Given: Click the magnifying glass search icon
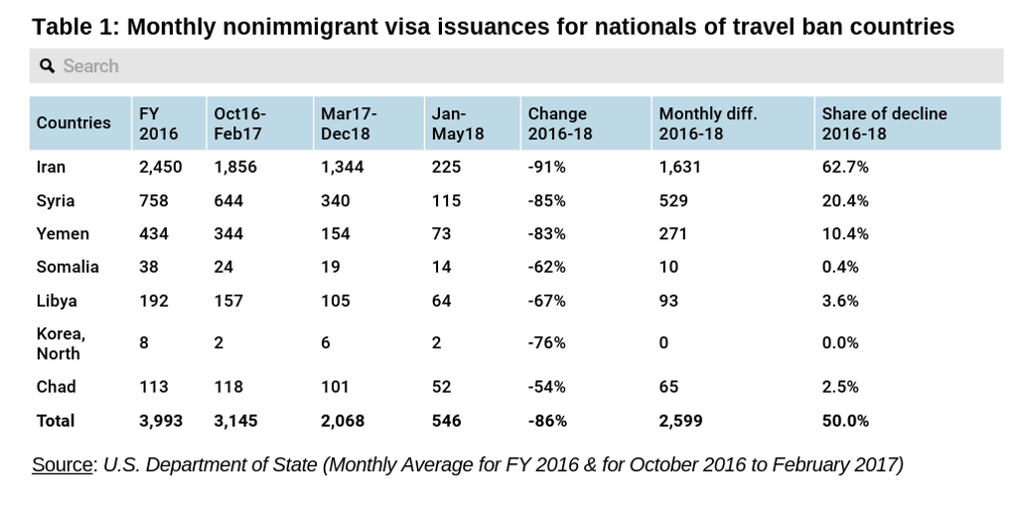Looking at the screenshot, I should click(x=47, y=66).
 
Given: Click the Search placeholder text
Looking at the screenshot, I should click(x=90, y=66).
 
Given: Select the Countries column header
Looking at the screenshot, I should click(x=73, y=123).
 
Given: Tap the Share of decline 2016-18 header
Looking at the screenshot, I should click(x=884, y=123).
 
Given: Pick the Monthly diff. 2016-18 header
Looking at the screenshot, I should click(x=708, y=123).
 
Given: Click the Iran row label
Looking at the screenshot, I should click(x=51, y=167).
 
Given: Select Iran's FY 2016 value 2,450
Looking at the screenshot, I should click(x=161, y=167).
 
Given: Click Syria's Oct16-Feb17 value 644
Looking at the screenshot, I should click(x=228, y=200).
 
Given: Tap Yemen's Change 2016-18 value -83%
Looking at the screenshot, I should click(x=546, y=234).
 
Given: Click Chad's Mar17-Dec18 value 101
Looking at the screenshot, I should click(x=336, y=387).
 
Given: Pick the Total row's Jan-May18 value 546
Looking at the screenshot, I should click(x=446, y=421).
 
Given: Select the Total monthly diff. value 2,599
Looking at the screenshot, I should click(x=680, y=421).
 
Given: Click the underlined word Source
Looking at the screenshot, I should click(x=62, y=464).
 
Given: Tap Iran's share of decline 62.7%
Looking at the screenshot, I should click(x=845, y=167).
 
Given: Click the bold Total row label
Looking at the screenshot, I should click(x=56, y=421).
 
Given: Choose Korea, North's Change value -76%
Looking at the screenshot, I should click(x=546, y=343).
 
